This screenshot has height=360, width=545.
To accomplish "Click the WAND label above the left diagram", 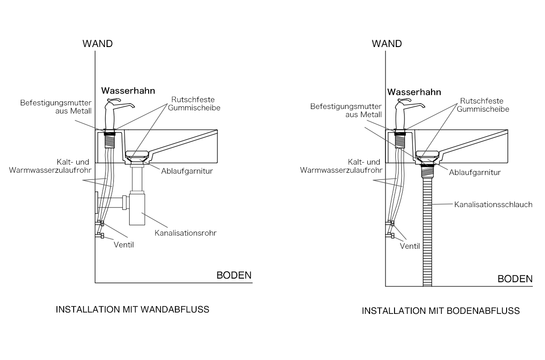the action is [x=98, y=44].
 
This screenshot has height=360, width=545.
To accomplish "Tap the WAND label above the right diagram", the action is [x=387, y=44].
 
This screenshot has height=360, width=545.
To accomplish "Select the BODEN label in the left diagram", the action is [x=234, y=275].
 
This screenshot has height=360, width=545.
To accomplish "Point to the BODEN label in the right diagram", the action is [x=515, y=279].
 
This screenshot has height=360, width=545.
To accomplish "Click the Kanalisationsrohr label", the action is [x=185, y=233].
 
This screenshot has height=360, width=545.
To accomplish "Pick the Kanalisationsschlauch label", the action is [x=493, y=204].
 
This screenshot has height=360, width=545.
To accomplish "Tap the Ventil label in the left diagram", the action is [x=124, y=245].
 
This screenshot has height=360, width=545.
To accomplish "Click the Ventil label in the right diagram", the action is [x=410, y=246].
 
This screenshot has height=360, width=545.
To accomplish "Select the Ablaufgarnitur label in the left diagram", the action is [x=187, y=171].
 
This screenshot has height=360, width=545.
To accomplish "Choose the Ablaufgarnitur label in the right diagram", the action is [x=475, y=173].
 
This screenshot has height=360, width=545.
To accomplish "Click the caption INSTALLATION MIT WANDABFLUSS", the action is [x=132, y=310].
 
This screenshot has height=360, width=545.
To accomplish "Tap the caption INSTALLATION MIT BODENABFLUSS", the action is [x=441, y=311].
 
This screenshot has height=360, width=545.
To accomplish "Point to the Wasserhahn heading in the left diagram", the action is [x=128, y=91].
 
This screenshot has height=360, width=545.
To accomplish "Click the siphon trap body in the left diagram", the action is [x=137, y=209].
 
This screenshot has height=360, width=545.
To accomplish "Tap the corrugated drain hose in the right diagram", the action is [x=427, y=232].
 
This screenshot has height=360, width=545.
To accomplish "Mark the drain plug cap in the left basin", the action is [x=137, y=154].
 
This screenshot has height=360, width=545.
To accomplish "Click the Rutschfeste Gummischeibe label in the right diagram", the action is [x=483, y=105].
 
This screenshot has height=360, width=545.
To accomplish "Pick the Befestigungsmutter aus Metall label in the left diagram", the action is [x=56, y=107].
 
